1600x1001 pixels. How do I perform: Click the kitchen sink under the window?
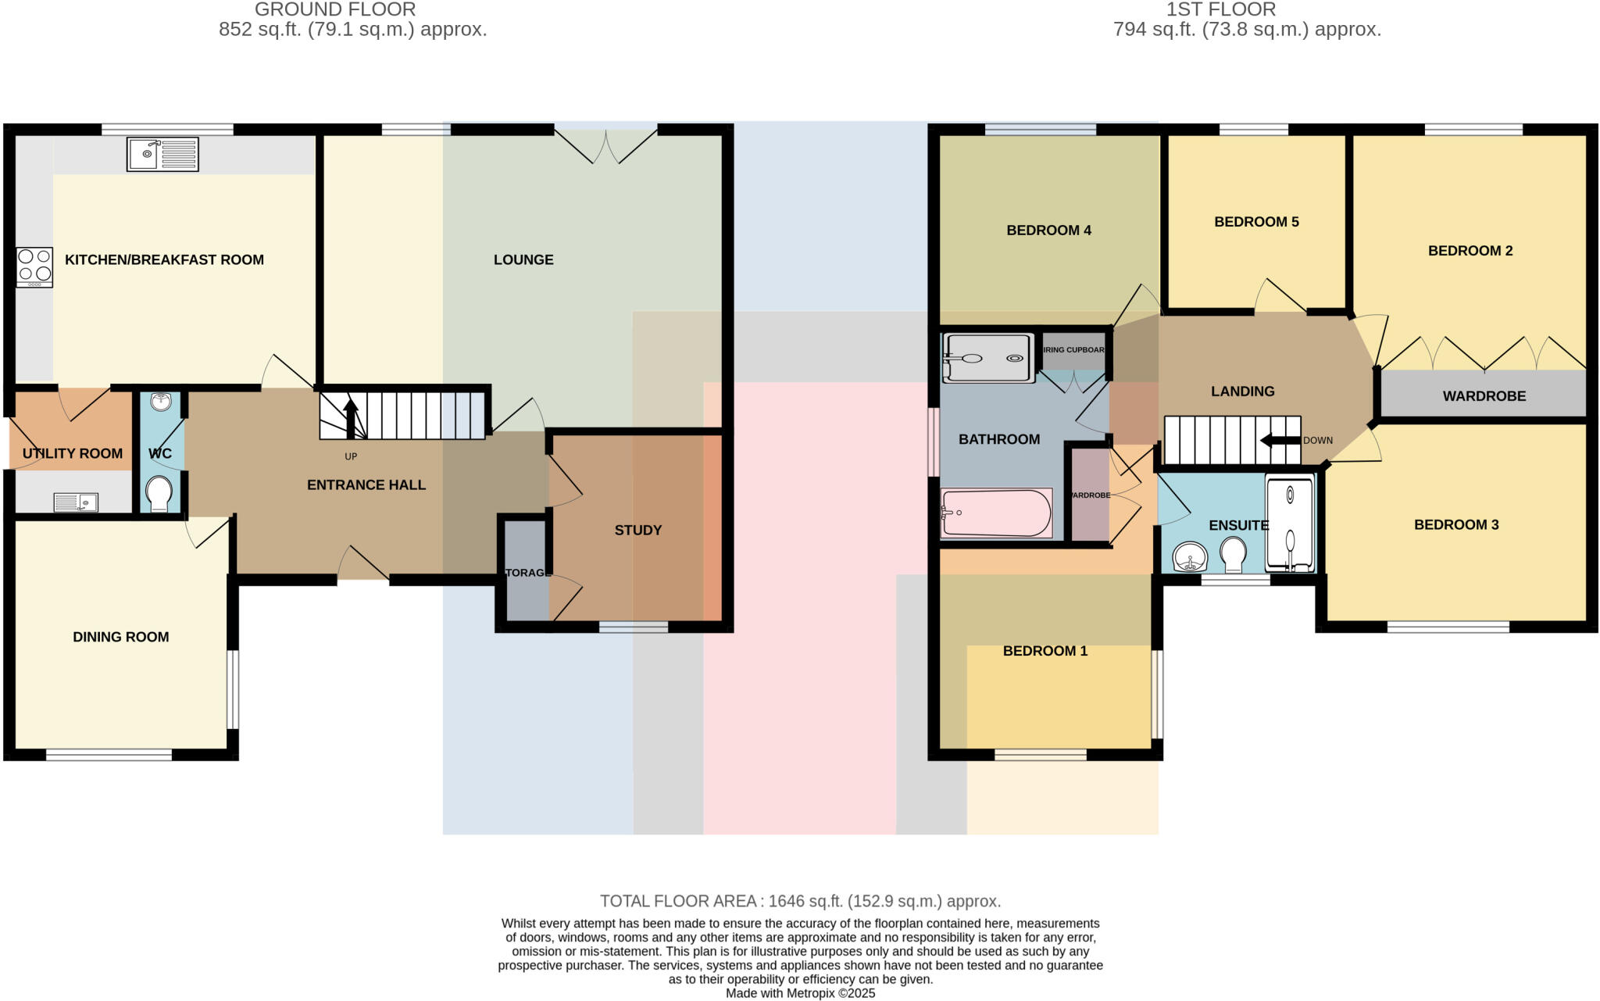(162, 154)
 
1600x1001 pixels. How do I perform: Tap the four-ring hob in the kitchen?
(34, 266)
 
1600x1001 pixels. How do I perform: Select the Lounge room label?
(523, 259)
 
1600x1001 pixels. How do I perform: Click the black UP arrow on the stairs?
(351, 418)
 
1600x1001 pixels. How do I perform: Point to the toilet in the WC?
(159, 493)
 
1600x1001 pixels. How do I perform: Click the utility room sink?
(76, 502)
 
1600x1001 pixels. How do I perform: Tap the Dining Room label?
(121, 637)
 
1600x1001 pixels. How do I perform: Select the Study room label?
(637, 530)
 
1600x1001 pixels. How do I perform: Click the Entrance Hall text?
(366, 484)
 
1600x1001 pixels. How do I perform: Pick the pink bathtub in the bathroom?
(996, 513)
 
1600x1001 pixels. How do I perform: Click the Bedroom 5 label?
(1256, 222)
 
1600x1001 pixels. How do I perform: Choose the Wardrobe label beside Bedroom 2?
(1484, 396)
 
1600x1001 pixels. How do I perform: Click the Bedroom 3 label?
(1456, 524)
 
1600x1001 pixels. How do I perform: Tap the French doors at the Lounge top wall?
(606, 146)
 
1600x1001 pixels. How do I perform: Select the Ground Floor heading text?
(335, 9)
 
